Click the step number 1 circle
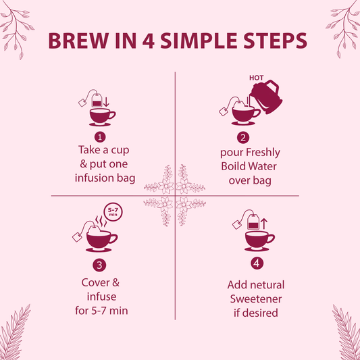click(x=99, y=137)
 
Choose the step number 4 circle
click(x=257, y=263)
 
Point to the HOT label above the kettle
click(x=257, y=78)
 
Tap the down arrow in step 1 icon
click(x=106, y=102)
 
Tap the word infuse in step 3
click(x=100, y=297)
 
